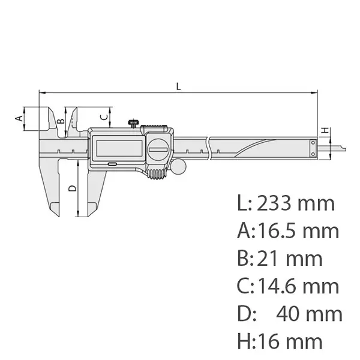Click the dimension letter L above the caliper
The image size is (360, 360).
[178, 86]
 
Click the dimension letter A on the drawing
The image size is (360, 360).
[19, 118]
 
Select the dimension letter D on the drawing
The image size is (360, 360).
[72, 188]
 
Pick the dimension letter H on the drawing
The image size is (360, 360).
[325, 130]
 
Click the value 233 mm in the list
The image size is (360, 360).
[295, 203]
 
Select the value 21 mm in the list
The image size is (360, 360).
[290, 259]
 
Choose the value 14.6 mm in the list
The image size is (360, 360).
[298, 286]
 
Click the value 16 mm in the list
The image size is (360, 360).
[289, 341]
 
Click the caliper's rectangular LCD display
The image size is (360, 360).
[116, 147]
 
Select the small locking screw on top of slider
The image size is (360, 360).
[131, 123]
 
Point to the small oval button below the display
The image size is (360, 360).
[112, 164]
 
